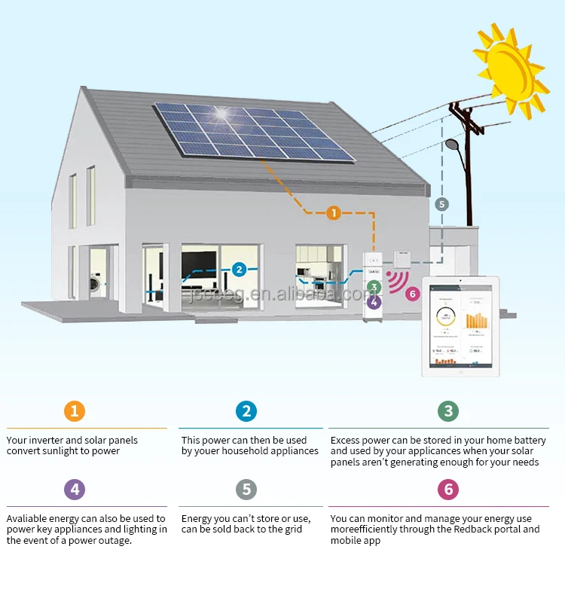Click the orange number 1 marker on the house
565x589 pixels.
[x=334, y=213]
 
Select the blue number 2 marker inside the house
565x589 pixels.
[x=239, y=269]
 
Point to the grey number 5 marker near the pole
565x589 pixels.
[x=441, y=203]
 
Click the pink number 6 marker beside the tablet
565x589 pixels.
[x=411, y=294]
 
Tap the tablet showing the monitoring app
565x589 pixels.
[x=461, y=326]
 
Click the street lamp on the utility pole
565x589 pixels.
[x=453, y=144]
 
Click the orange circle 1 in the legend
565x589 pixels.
[x=74, y=411]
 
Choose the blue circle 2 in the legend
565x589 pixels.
[x=246, y=411]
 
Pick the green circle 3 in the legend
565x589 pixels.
[x=448, y=411]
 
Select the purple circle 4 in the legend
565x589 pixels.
[x=74, y=490]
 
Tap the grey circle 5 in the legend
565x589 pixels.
[x=246, y=490]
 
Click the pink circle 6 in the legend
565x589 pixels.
[x=448, y=490]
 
